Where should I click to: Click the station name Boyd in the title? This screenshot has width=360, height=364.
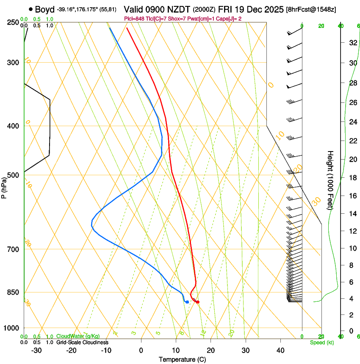tap(45, 9)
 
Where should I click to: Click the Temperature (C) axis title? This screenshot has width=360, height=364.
tap(182, 359)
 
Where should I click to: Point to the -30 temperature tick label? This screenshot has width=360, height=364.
tap(36, 350)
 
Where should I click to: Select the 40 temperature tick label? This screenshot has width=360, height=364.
tap(280, 350)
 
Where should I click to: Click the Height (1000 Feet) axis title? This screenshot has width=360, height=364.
tap(330, 180)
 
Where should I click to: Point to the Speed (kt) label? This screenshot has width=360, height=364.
tap(322, 342)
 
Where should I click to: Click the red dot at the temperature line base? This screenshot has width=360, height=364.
tap(198, 302)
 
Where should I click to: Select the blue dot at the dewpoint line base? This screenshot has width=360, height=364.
tap(187, 302)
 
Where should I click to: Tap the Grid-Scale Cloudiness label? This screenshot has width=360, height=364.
tap(82, 342)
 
